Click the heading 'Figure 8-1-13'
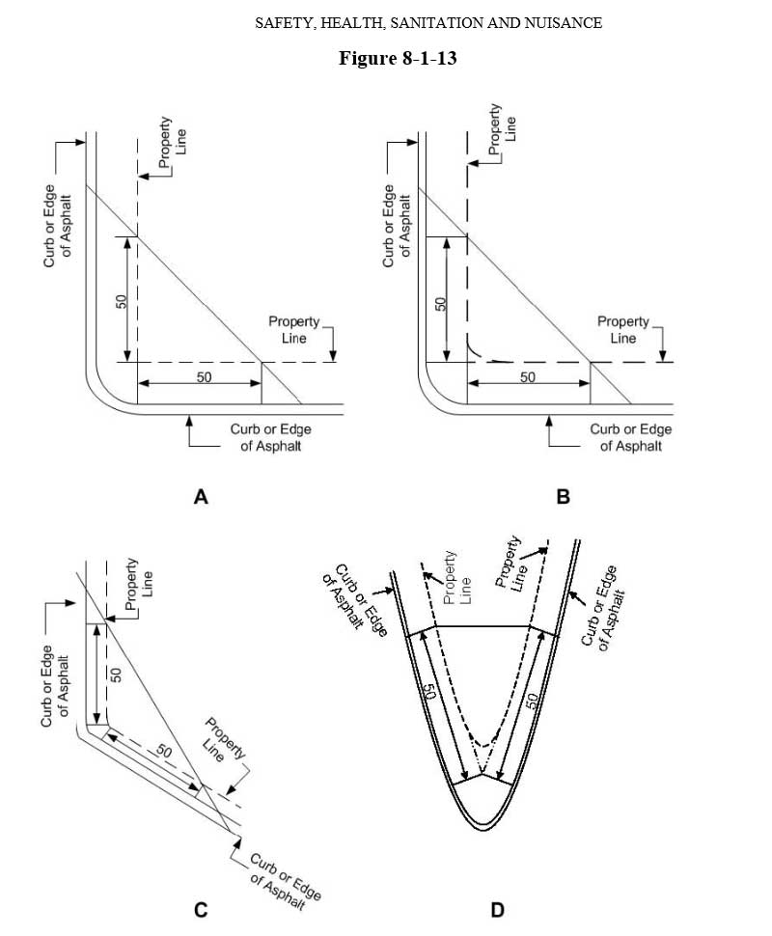397,59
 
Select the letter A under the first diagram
201,497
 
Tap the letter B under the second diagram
564,497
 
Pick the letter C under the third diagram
201,909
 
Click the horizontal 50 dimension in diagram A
204,377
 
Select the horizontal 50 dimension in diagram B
527,377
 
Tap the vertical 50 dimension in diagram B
440,301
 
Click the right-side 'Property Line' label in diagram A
288,329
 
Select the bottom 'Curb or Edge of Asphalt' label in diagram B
631,437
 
